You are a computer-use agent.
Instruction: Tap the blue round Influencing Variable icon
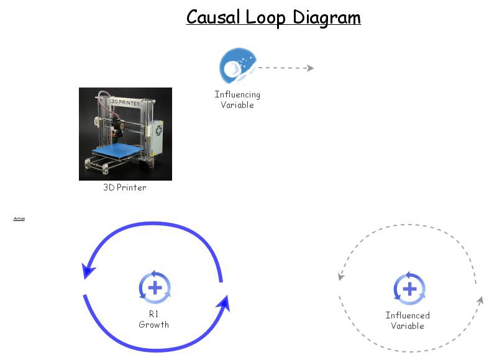237,66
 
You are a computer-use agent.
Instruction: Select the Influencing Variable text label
237,99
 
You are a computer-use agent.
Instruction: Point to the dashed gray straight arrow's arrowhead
309,68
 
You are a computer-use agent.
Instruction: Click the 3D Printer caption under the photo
125,187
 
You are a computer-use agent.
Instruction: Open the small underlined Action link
19,218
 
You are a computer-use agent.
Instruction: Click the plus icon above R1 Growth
155,288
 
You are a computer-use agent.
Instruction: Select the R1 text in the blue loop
154,314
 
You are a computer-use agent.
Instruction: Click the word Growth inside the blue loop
154,325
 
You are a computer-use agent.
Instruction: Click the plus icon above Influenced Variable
409,289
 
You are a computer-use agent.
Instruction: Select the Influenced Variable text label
408,320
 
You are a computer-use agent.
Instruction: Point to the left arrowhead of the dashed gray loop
340,277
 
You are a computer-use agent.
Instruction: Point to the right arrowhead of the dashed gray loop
480,301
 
